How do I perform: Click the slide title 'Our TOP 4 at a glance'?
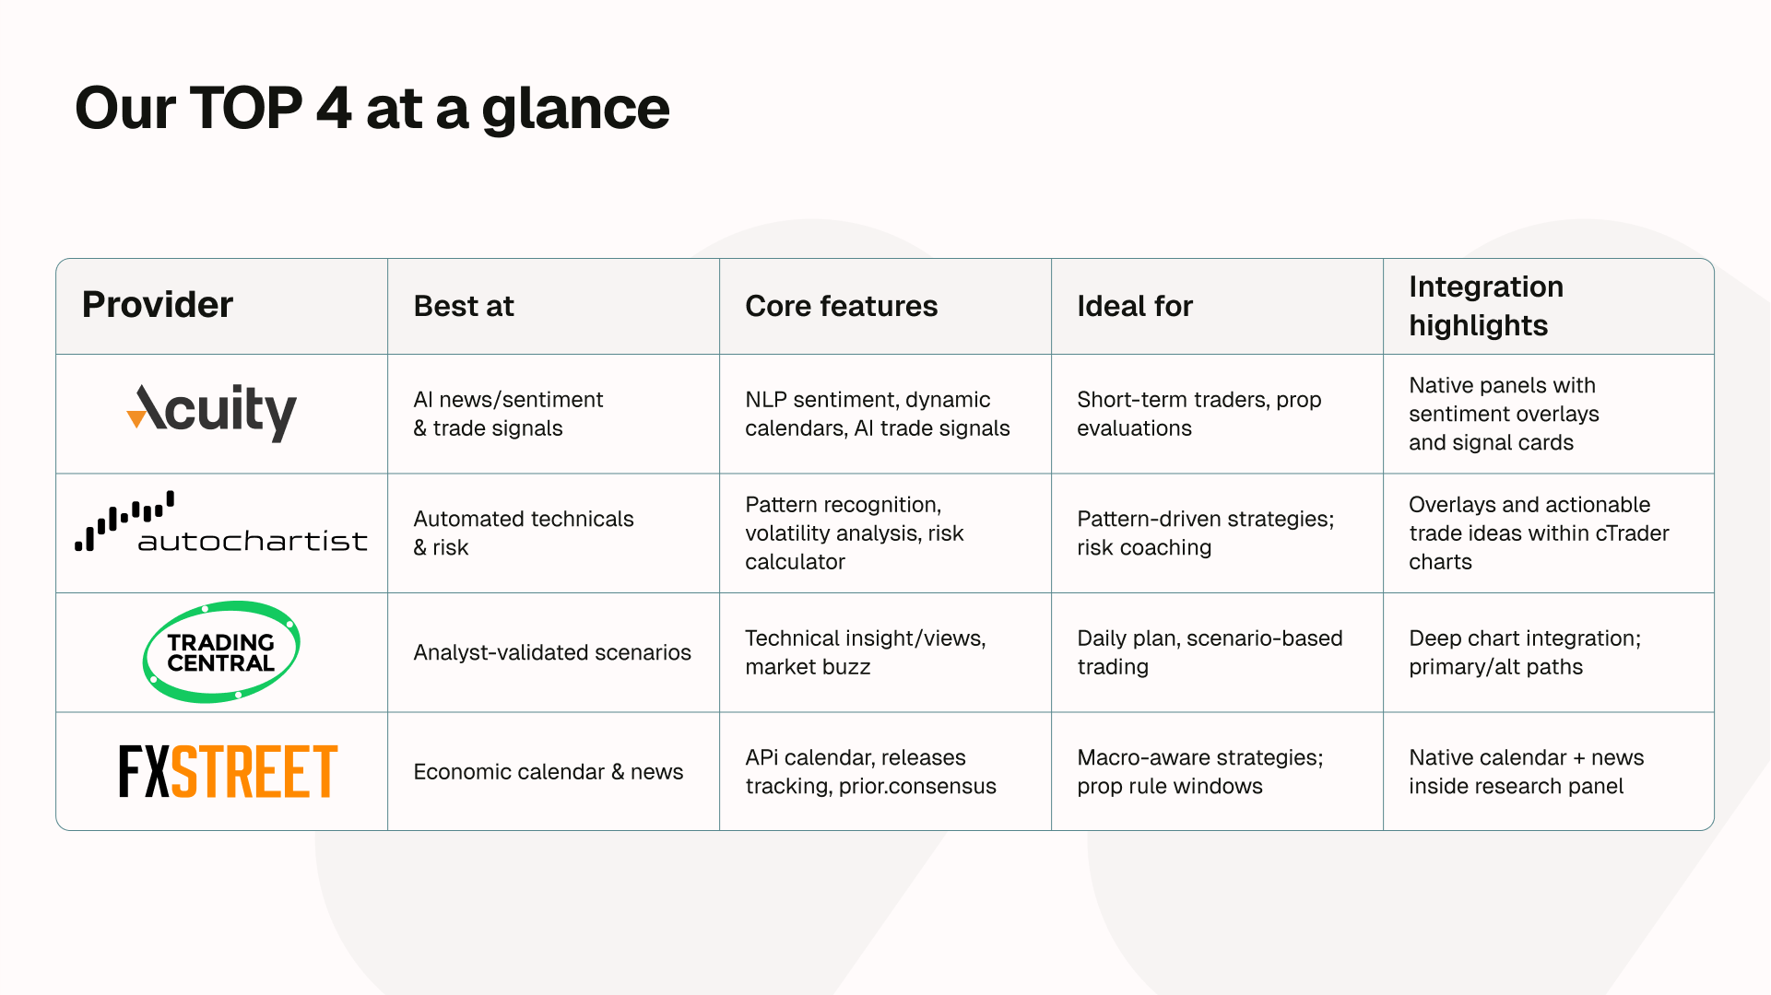coord(372,109)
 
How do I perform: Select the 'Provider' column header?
coord(158,305)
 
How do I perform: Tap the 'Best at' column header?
coord(464,306)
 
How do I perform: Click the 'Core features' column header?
coord(842,306)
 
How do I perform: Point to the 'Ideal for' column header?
coord(1135,306)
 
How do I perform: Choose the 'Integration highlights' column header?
coord(1486,306)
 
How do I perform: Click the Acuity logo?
coord(212,412)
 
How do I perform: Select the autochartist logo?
coord(221,522)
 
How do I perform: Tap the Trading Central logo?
coord(221,652)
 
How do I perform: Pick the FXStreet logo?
coord(229,771)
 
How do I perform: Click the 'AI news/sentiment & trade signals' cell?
coord(508,414)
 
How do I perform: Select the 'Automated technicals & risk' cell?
coord(524,533)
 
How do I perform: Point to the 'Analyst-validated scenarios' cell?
coord(552,652)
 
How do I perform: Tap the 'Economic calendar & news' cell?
coord(549,771)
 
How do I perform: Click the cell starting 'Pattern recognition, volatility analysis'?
coord(855,533)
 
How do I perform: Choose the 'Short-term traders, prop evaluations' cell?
coord(1199,414)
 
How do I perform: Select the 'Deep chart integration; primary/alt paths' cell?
coord(1525,652)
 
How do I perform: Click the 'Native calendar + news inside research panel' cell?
coord(1527,771)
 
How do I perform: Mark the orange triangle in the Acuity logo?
coord(136,419)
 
